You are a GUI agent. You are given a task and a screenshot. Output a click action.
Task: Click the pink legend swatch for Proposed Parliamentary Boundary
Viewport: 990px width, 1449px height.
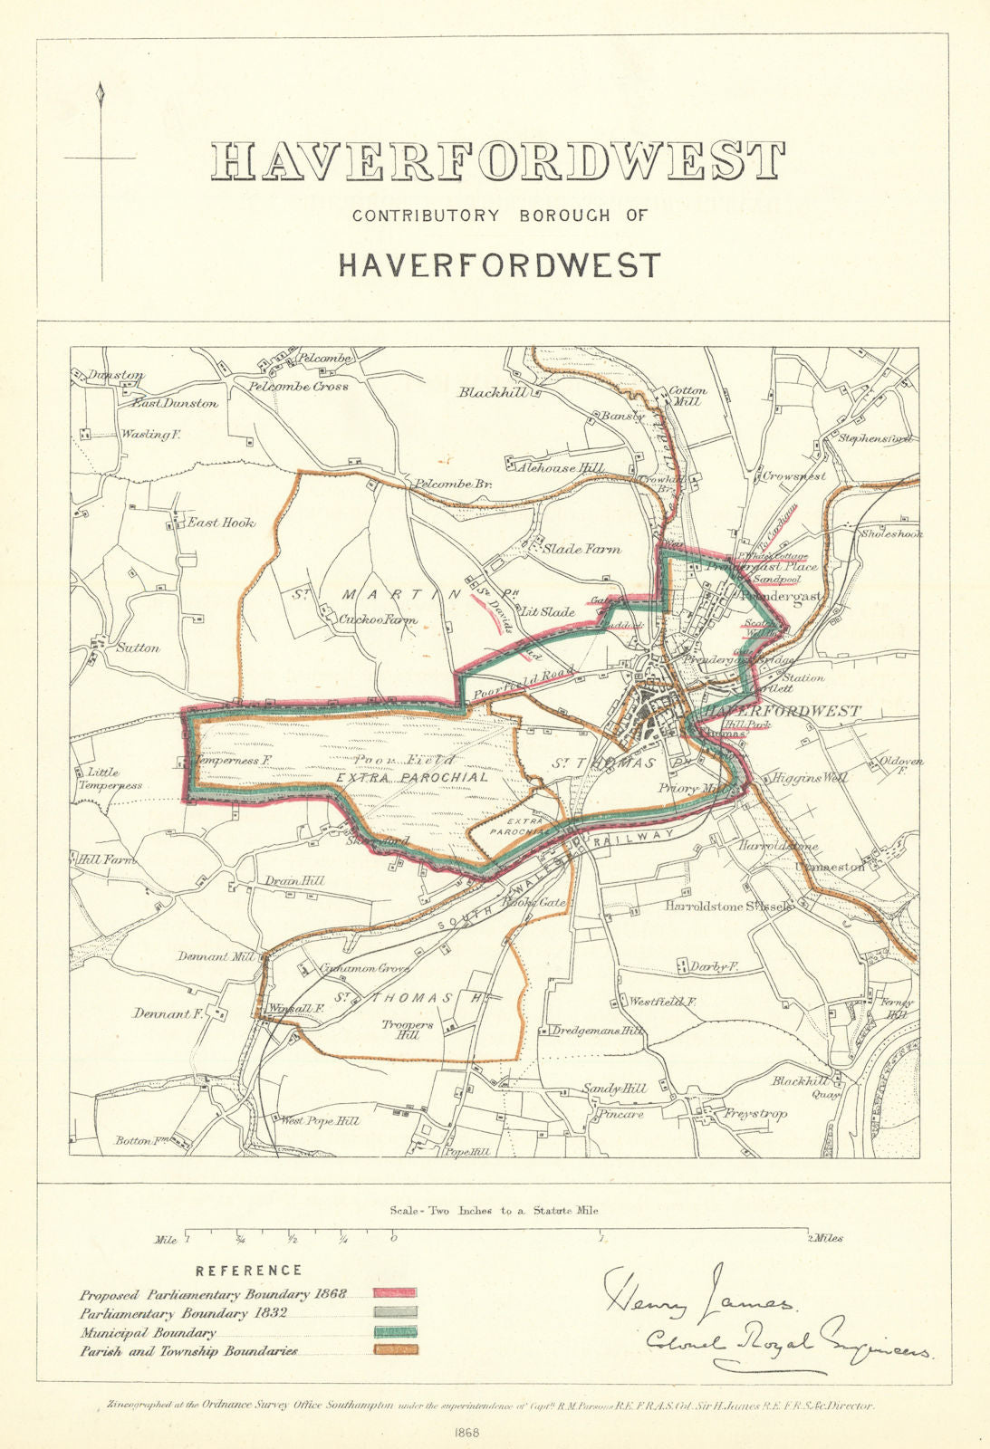click(x=395, y=1292)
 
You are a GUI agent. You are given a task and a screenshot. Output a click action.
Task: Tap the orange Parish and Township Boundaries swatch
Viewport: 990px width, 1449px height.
click(x=395, y=1350)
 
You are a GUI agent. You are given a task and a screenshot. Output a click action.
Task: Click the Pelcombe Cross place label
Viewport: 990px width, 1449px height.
click(x=299, y=386)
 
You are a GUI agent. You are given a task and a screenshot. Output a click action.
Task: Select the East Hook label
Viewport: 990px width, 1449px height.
click(x=221, y=523)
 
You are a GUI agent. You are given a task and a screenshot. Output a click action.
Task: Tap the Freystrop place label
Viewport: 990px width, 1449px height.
click(x=755, y=1113)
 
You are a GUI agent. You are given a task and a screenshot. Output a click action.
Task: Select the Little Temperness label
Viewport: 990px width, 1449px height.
click(x=109, y=779)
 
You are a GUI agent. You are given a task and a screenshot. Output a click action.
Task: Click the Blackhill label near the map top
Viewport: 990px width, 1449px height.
click(x=489, y=392)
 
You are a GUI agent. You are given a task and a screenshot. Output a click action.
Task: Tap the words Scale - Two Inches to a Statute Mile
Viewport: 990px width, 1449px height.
click(x=494, y=1210)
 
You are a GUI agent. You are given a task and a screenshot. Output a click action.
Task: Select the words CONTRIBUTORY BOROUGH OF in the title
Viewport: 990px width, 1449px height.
click(x=500, y=216)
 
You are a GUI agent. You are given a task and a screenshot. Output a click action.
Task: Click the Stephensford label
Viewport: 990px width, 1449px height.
click(x=874, y=439)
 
